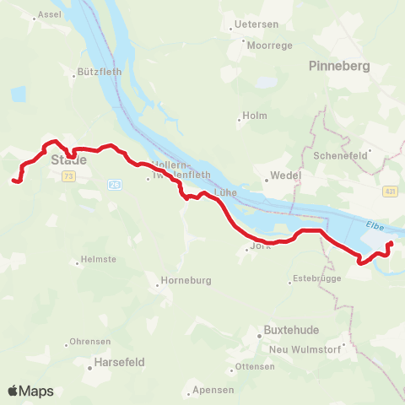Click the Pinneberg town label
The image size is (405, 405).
(340, 66)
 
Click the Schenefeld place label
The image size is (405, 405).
(336, 156)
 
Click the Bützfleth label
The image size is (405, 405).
(100, 73)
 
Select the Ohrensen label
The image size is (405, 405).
(90, 342)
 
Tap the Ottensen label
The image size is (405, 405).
(255, 366)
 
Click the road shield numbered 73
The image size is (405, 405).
(68, 175)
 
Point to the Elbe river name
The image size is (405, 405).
(376, 225)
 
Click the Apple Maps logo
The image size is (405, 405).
(30, 391)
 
